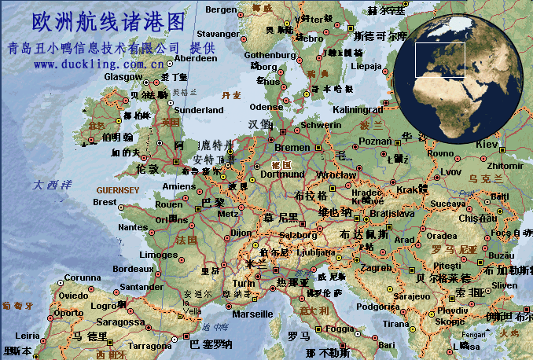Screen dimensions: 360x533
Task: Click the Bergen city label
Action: click(x=220, y=9)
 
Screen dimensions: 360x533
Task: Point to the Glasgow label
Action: click(x=123, y=77)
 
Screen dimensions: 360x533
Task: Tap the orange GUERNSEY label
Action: click(x=117, y=190)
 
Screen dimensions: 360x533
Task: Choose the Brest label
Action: click(x=105, y=202)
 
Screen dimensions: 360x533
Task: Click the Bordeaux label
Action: click(x=133, y=269)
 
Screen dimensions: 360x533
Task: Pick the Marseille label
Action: click(x=253, y=314)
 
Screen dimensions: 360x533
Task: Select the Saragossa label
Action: click(x=120, y=322)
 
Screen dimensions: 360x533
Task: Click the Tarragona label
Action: click(x=149, y=345)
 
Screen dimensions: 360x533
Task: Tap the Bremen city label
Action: click(x=292, y=147)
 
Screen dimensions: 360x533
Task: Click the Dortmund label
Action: click(x=281, y=174)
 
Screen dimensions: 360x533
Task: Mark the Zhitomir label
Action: click(x=504, y=166)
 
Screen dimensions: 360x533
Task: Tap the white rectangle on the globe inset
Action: click(x=440, y=60)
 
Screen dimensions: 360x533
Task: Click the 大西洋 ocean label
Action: click(x=52, y=186)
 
